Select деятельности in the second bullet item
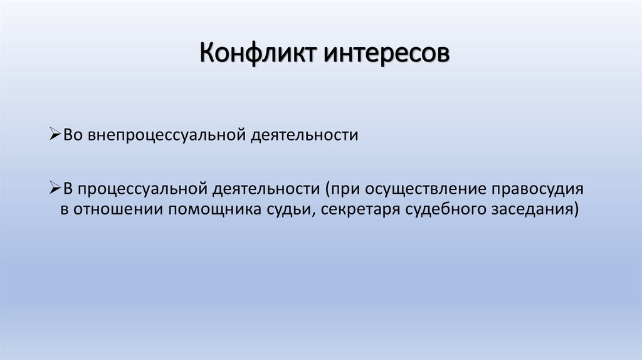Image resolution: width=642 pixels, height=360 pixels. [266, 188]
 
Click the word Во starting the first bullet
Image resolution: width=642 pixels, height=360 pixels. [70, 135]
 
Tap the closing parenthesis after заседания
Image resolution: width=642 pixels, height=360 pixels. [575, 209]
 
